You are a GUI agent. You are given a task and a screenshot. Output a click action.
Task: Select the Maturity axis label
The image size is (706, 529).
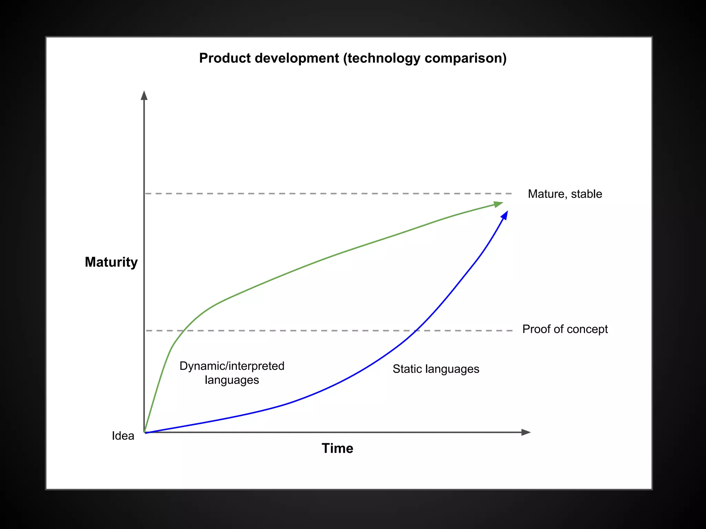pos(111,262)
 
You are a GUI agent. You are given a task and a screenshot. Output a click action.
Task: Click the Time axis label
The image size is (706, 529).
pos(337,448)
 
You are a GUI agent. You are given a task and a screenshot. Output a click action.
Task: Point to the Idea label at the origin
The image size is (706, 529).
pos(123,436)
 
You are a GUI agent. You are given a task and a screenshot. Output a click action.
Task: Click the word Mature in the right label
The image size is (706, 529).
pos(548,194)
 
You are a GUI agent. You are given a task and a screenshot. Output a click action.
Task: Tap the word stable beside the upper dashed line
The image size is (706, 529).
pos(586,194)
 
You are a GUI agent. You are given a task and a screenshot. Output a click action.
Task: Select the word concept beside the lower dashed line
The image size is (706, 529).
pos(587,330)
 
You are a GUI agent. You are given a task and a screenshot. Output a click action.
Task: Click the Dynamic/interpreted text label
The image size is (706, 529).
pos(232,366)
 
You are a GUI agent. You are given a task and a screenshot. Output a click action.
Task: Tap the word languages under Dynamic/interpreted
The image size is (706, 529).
pos(232,380)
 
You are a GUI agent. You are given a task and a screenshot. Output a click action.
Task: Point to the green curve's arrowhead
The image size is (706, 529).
pos(498,204)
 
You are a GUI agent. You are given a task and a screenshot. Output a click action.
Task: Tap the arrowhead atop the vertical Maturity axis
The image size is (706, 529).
pos(144,95)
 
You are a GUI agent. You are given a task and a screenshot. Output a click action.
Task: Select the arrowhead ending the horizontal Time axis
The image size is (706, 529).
pos(526,432)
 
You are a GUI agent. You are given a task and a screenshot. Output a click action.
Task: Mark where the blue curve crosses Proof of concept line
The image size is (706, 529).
pos(416,331)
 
